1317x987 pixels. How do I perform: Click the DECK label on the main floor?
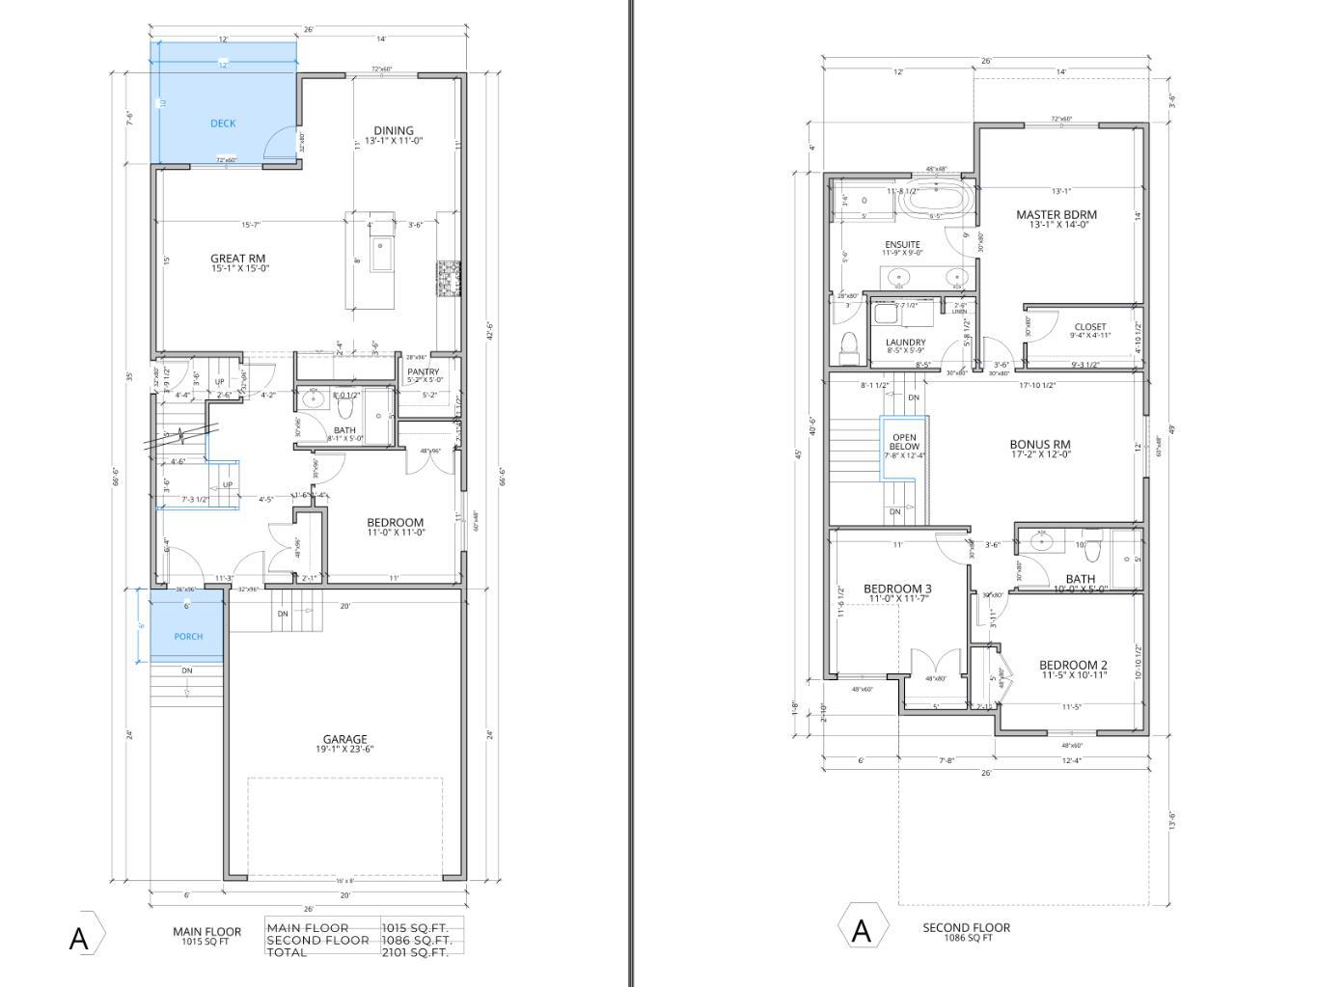pos(223,123)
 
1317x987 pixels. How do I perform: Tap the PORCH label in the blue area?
pos(188,637)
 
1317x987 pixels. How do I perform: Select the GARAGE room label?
pos(344,739)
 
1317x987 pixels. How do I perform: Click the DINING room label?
pos(394,130)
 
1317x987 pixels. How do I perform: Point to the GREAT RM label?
pos(238,259)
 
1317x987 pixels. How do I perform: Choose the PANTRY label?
pos(423,371)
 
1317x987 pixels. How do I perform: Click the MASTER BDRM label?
pos(1056,214)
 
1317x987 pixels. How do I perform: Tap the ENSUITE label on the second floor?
pos(902,244)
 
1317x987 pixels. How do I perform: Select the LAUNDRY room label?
pos(905,343)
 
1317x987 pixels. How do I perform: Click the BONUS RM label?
pos(1040,445)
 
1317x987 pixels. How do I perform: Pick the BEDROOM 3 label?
pos(897,589)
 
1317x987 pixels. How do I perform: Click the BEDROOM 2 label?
pos(1073,665)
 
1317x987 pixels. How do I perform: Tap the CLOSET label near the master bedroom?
pos(1089,327)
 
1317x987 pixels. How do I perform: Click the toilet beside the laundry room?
pos(849,347)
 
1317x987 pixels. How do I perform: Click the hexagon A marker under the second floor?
pos(861,930)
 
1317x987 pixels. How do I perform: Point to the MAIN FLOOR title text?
pos(206,931)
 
